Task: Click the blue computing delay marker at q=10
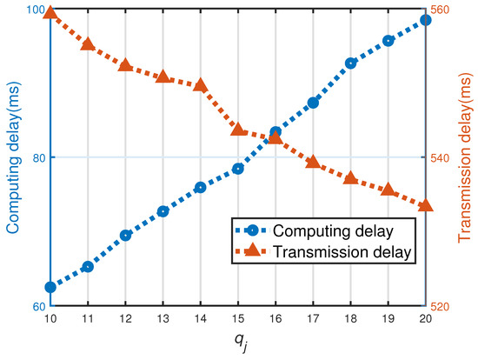coord(50,287)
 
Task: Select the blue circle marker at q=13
coord(163,211)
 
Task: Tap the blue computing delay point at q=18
coord(350,63)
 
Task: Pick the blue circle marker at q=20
coord(426,19)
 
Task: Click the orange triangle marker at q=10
coord(50,12)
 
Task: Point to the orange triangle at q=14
coord(201,85)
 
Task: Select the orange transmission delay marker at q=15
coord(238,130)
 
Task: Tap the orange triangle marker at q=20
coord(426,206)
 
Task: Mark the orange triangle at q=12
coord(125,65)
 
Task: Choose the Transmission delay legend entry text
coord(341,252)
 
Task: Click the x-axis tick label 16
coord(276,319)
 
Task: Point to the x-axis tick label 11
coord(88,319)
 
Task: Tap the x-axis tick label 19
coord(388,319)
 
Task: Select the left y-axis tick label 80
coord(37,158)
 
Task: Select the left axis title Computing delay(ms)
coord(14,158)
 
